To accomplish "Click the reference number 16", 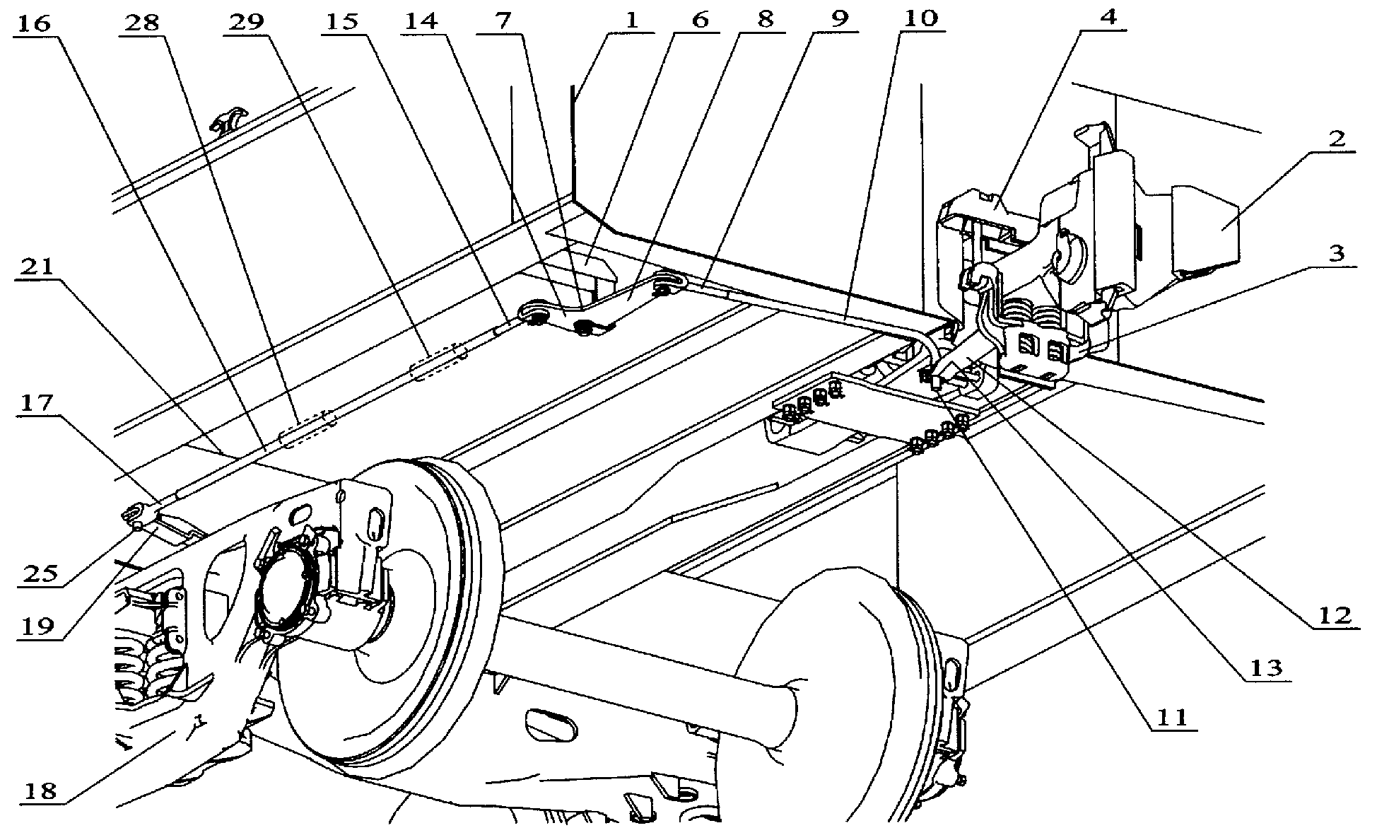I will point(35,23).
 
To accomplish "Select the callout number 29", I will point(245,23).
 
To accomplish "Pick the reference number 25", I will point(39,573).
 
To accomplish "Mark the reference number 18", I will point(39,789).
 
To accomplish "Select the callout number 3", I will point(1335,252).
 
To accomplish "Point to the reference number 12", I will point(1334,614).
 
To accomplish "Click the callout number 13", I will point(1267,667).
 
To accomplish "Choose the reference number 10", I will point(920,18).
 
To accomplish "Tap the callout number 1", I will point(631,18).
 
